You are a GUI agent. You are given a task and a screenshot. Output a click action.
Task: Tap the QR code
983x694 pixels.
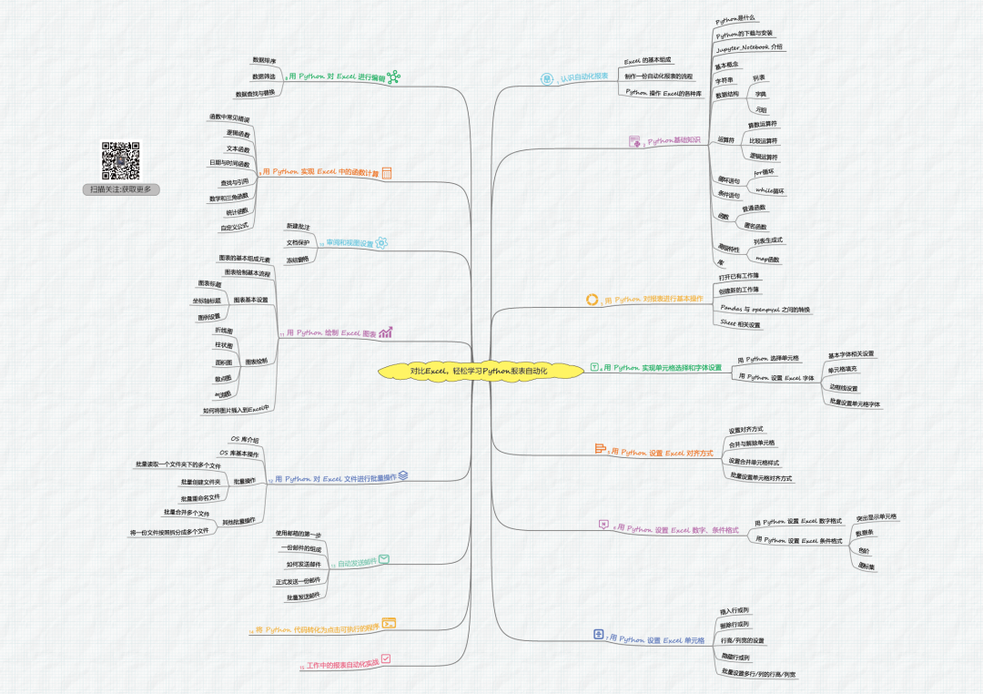click(x=120, y=160)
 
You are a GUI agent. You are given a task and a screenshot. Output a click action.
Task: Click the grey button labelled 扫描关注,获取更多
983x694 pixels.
click(x=120, y=189)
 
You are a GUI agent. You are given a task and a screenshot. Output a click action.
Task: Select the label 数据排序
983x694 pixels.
click(x=265, y=59)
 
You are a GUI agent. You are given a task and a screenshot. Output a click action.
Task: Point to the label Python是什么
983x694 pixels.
click(x=735, y=18)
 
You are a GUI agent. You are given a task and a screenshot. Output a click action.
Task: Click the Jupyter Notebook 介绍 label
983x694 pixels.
click(x=748, y=46)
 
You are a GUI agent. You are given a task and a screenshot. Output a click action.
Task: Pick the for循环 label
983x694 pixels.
click(x=764, y=171)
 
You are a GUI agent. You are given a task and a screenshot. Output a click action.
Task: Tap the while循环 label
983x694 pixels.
click(x=770, y=190)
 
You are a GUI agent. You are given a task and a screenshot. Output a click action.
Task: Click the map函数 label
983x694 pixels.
click(x=767, y=260)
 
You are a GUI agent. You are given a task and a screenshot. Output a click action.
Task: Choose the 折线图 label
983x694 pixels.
click(x=223, y=330)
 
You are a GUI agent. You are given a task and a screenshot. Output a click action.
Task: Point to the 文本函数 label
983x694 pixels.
click(x=238, y=148)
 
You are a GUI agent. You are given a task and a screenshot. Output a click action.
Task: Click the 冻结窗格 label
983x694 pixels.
click(x=298, y=260)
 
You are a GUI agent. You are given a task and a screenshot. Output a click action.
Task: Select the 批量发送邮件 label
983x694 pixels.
click(x=303, y=597)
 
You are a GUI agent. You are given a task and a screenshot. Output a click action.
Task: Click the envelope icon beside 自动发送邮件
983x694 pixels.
click(x=384, y=559)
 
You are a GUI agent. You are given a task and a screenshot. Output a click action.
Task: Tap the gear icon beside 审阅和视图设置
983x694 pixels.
click(x=382, y=242)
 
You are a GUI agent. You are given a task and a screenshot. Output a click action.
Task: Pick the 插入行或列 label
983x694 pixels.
click(x=735, y=610)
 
